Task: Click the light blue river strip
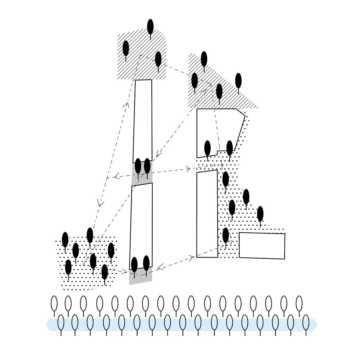181,325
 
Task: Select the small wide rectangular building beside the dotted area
262,245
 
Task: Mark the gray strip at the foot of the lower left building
141,279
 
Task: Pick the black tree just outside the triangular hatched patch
238,80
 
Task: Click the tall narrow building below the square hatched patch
143,120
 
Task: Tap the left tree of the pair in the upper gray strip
138,166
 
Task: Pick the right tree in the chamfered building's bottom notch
229,148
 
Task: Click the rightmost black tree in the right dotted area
260,214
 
